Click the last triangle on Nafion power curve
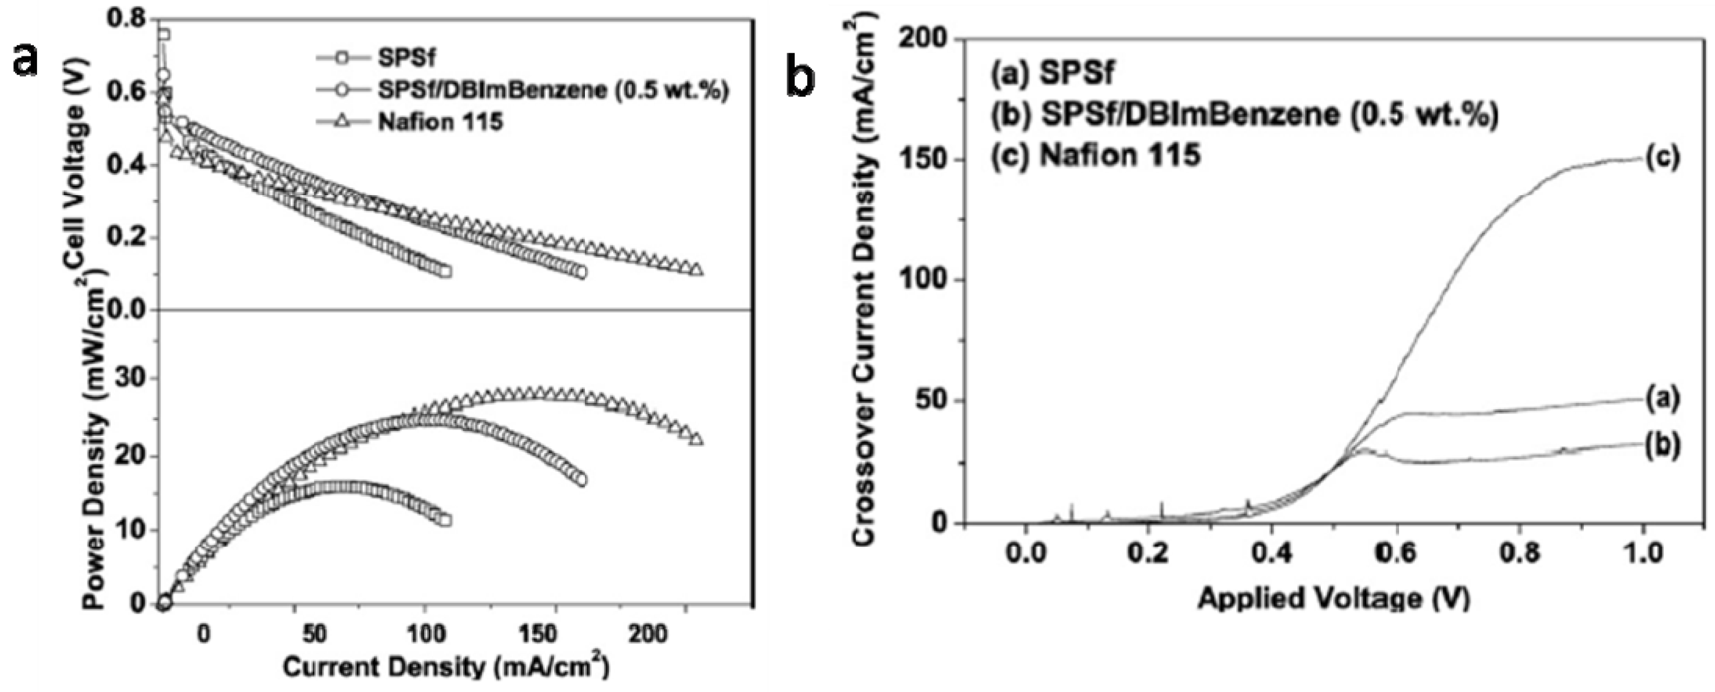[x=696, y=440]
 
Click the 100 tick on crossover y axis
[x=923, y=280]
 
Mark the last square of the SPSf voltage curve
[x=445, y=271]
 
